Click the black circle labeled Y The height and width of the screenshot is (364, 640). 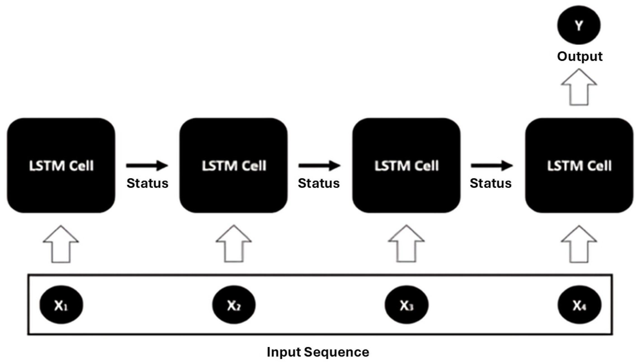(578, 25)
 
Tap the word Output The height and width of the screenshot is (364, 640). (580, 56)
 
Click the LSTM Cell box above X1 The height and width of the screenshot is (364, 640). (61, 166)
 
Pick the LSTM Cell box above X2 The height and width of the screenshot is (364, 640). (233, 166)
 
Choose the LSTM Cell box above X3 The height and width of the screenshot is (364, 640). (406, 166)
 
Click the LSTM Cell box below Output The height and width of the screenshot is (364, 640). (579, 166)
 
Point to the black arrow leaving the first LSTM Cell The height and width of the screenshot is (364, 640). (147, 166)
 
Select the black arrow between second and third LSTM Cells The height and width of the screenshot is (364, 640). (319, 166)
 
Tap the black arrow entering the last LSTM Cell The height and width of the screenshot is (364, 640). (492, 166)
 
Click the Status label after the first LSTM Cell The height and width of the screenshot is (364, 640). (147, 183)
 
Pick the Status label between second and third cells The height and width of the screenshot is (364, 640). (319, 183)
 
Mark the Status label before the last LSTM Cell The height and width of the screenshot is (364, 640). (491, 183)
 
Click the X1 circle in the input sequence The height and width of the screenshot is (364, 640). (61, 305)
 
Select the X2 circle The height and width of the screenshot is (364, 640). (234, 305)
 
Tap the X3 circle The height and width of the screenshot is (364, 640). (406, 305)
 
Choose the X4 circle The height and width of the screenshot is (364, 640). (579, 305)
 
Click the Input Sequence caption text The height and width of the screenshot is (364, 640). (318, 352)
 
